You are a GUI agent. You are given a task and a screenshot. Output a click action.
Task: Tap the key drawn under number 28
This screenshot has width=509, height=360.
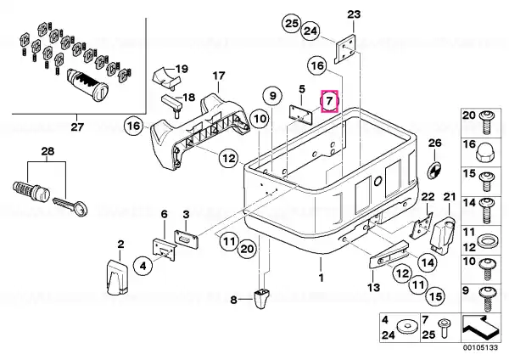70,205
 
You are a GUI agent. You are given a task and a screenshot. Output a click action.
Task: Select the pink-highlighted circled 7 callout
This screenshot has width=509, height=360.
329,101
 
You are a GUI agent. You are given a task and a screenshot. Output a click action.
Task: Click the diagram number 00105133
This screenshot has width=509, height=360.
480,348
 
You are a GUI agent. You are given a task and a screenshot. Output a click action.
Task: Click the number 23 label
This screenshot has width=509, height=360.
354,14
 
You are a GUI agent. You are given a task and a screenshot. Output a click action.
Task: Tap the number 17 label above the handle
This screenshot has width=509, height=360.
219,76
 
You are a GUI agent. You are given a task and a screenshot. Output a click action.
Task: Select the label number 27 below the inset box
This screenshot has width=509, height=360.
77,126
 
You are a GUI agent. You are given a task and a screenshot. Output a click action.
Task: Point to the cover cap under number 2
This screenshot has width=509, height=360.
117,277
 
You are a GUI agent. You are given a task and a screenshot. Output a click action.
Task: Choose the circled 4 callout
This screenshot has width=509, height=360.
143,266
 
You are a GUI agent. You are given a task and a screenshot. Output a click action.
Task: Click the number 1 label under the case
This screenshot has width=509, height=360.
321,278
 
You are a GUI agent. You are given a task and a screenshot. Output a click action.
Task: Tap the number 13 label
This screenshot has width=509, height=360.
373,287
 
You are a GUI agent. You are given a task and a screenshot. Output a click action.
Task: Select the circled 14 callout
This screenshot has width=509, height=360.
428,262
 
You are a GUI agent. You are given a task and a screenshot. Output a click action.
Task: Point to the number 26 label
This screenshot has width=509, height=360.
435,143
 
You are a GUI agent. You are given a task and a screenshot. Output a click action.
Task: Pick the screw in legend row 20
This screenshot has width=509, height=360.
486,122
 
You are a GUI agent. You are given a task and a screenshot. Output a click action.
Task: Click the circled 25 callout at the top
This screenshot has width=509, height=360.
292,24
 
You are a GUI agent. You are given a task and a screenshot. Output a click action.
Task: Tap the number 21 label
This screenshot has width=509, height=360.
450,197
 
